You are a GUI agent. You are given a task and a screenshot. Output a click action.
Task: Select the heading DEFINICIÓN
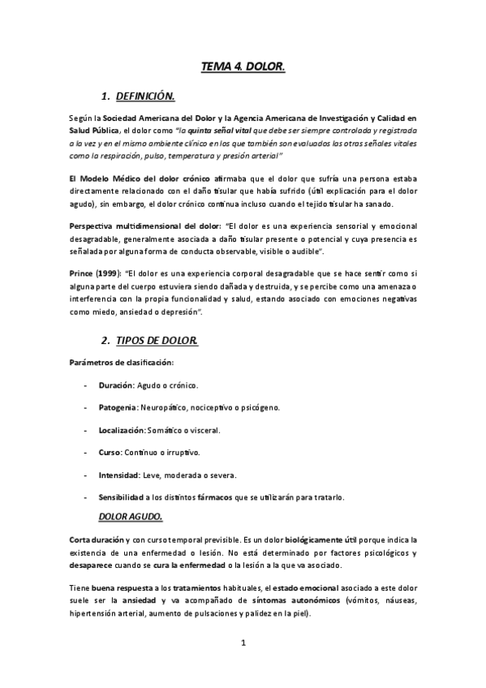(145, 97)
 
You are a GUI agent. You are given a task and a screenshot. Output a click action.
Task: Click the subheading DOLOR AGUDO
(131, 516)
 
